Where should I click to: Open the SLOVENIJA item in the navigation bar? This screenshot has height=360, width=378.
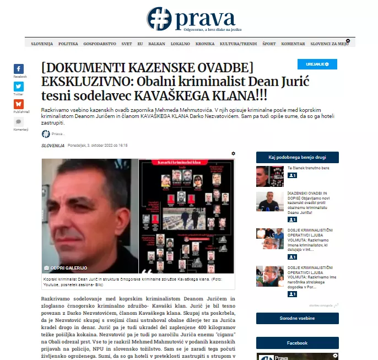(x=42, y=44)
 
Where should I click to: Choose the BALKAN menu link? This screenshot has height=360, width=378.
(x=157, y=44)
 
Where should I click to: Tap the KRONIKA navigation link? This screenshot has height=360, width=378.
(x=205, y=44)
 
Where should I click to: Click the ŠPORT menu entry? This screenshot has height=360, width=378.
(x=269, y=44)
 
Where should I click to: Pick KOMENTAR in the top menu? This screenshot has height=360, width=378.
(x=293, y=44)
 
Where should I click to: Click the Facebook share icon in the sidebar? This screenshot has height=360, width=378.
(x=19, y=69)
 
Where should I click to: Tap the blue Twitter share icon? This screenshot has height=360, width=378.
(x=19, y=87)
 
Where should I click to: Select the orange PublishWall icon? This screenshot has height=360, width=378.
(x=19, y=104)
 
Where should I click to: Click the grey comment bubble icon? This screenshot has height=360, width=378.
(x=19, y=122)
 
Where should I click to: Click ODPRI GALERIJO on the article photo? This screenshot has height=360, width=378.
(x=66, y=268)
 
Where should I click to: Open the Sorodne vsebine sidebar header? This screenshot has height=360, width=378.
(x=297, y=318)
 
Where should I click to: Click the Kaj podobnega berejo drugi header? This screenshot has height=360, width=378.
(x=297, y=157)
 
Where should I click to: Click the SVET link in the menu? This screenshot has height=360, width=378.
(x=127, y=44)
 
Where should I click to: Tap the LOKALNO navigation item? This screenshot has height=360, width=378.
(x=180, y=44)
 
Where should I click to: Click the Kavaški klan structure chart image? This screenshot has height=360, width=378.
(x=186, y=216)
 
